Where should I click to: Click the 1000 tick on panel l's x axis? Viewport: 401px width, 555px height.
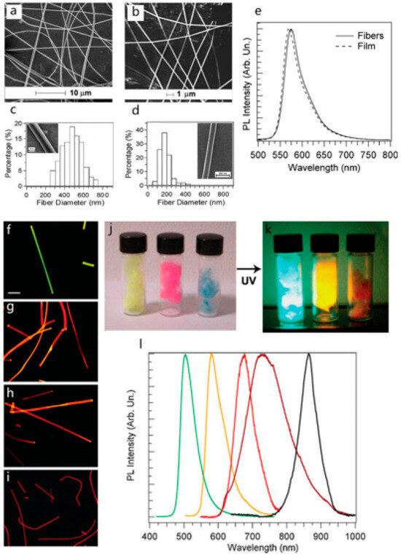click(355, 536)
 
